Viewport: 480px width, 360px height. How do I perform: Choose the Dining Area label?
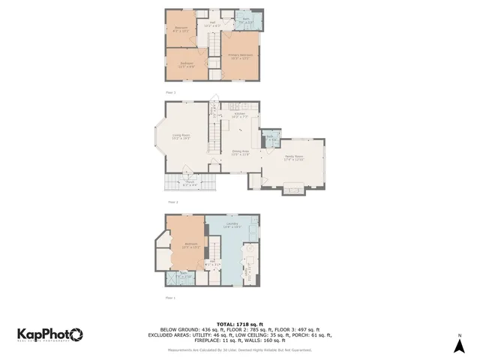coord(240,152)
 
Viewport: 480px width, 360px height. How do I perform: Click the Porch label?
coord(190,181)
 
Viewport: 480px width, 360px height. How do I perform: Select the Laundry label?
coord(231,224)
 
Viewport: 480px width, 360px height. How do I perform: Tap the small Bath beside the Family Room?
coord(271,139)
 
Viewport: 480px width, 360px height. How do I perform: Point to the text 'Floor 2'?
coord(172,202)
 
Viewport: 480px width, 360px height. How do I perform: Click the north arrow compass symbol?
coord(460,344)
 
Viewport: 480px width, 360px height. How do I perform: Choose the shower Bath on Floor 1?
coord(182,274)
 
